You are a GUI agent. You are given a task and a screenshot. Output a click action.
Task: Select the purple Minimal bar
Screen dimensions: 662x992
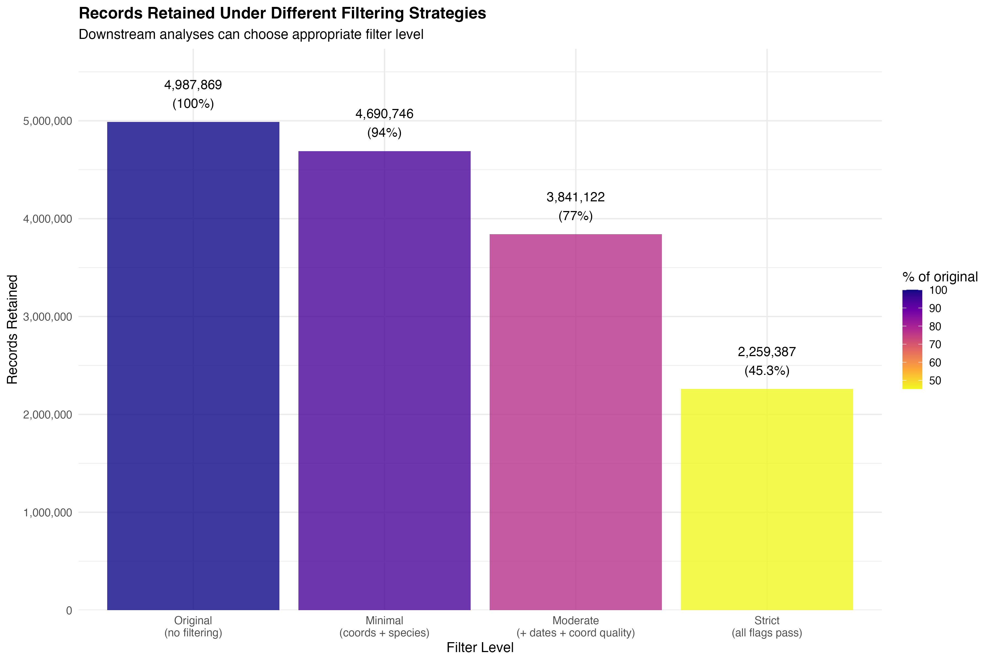coord(384,380)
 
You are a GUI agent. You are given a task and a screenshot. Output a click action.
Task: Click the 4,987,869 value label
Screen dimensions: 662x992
coord(193,85)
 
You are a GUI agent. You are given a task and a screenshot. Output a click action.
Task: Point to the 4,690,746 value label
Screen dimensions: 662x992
coord(384,114)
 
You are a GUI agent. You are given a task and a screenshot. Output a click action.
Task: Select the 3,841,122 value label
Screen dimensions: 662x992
coord(575,197)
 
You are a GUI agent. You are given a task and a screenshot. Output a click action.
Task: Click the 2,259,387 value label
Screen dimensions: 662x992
coord(767,352)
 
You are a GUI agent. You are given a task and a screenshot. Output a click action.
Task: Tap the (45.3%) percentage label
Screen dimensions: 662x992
coord(767,371)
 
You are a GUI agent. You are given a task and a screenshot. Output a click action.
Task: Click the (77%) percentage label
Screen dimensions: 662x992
coord(575,216)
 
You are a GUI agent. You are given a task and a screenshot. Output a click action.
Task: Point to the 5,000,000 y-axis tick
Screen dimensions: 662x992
coord(48,121)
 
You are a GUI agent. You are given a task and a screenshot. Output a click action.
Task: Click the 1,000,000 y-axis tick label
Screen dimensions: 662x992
coord(48,512)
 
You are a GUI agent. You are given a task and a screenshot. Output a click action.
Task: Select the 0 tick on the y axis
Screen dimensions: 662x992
coord(69,610)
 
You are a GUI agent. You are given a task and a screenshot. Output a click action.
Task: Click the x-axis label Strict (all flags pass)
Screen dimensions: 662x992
coord(767,626)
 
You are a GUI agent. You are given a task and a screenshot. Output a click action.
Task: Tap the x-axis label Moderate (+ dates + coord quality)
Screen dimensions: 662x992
coord(575,626)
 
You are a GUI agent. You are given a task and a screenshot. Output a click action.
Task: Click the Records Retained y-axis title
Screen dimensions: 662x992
coord(13,329)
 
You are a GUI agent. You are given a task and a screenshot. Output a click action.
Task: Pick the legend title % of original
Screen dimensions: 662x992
coord(940,277)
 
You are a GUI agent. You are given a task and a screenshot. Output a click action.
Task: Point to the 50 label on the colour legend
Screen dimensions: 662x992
coord(935,381)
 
